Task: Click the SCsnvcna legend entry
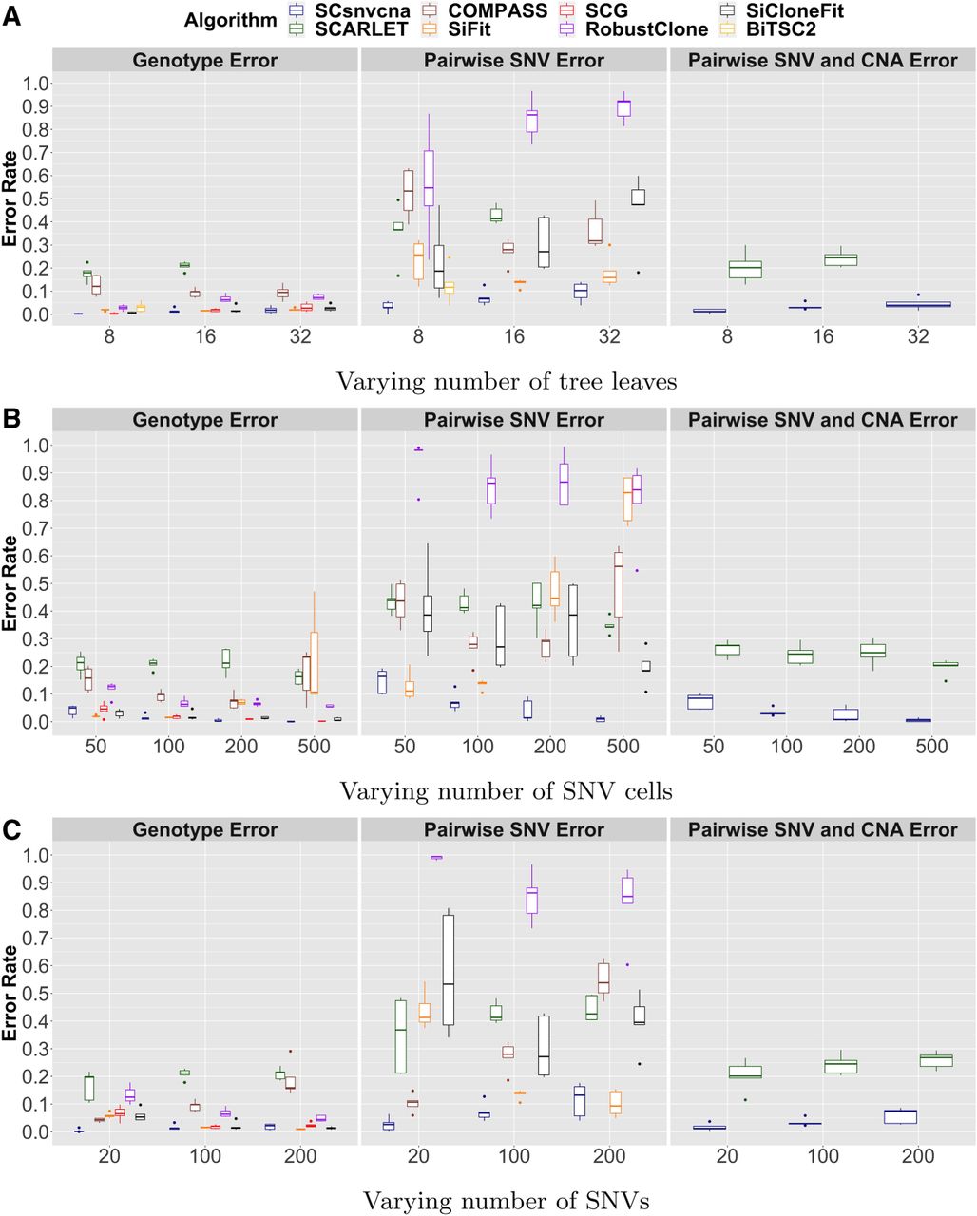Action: [x=348, y=10]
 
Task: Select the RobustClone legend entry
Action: [x=633, y=28]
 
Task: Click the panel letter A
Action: [x=11, y=17]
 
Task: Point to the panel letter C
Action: [x=11, y=830]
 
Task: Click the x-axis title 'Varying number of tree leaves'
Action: [x=507, y=381]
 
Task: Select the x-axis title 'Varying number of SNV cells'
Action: [x=506, y=791]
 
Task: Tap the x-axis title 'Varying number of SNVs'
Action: [x=506, y=1200]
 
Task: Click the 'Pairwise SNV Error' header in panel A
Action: [x=514, y=61]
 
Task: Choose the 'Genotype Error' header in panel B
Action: [x=204, y=420]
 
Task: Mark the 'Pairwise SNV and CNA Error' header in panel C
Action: [x=823, y=829]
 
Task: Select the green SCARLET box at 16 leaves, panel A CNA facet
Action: [x=841, y=259]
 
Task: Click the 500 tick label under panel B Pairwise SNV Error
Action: [x=623, y=747]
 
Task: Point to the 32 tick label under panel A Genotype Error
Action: [x=300, y=336]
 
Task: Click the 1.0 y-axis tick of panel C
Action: [x=35, y=855]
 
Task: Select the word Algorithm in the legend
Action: [x=231, y=20]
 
